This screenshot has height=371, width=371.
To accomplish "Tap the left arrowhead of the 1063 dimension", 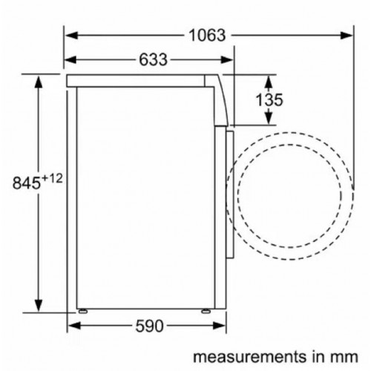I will tap(69, 35).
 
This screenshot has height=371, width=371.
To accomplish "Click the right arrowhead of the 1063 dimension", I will tap(349, 35).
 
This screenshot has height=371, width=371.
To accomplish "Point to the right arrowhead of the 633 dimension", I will tap(229, 59).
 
